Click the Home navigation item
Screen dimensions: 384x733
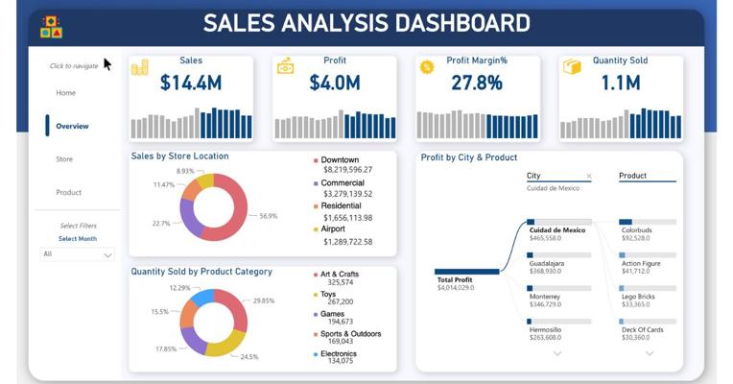(x=65, y=93)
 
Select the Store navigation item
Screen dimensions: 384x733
(x=64, y=159)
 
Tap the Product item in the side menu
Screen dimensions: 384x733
(x=68, y=192)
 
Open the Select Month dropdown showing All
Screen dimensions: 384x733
(x=78, y=254)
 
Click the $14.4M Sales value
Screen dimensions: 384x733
(x=191, y=84)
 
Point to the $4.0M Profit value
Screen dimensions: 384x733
(x=334, y=84)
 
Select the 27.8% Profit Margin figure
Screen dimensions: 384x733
(x=478, y=84)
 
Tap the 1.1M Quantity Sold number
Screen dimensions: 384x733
(x=621, y=84)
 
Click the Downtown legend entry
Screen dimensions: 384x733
(x=340, y=159)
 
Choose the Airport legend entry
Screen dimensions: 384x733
(x=335, y=229)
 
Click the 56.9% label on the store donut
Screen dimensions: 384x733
(x=269, y=216)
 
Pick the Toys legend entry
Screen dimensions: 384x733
(x=330, y=294)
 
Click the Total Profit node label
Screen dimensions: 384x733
(x=457, y=280)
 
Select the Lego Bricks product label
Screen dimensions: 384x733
(x=640, y=297)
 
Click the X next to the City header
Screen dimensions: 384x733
(x=589, y=177)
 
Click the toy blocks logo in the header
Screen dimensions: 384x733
(x=52, y=28)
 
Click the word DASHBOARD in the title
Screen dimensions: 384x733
(x=453, y=23)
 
